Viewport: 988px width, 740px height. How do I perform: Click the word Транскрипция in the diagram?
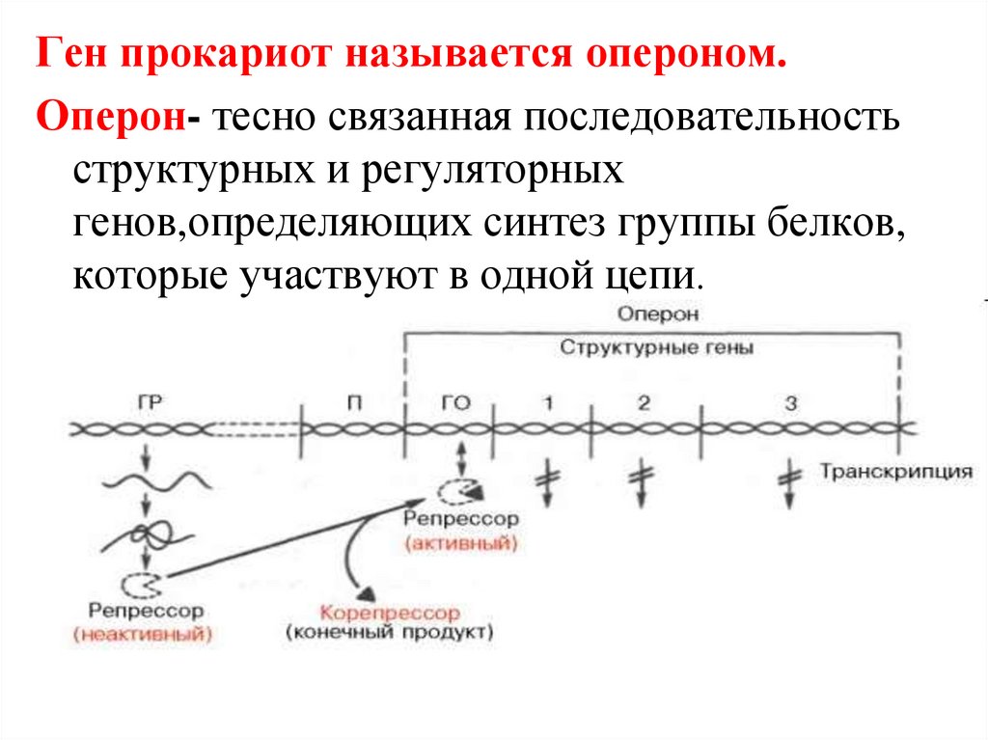click(895, 472)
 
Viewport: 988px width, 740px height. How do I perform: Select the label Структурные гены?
click(656, 347)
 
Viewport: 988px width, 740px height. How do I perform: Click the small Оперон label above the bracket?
click(659, 315)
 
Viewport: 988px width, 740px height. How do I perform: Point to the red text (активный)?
click(461, 544)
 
